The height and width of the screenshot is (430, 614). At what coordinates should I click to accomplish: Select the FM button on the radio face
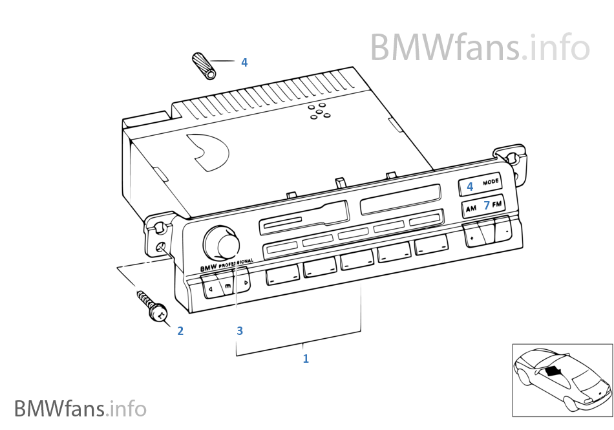[497, 204]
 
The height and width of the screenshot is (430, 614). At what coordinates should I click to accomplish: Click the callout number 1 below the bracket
[306, 358]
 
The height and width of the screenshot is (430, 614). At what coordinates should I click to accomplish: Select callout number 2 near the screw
[180, 331]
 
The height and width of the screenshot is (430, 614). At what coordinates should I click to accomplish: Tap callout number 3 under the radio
[240, 331]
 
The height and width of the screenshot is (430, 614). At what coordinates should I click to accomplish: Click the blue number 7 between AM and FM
[486, 206]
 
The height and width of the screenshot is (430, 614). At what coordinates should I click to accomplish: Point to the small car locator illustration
[562, 379]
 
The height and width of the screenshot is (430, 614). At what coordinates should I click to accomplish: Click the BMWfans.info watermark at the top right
[480, 47]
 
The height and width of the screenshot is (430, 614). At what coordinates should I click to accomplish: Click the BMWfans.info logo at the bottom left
[80, 409]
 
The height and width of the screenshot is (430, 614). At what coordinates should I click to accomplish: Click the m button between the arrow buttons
[228, 285]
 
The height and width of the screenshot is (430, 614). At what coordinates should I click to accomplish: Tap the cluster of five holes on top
[318, 111]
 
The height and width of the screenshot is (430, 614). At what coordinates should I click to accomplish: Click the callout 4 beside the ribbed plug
[244, 62]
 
